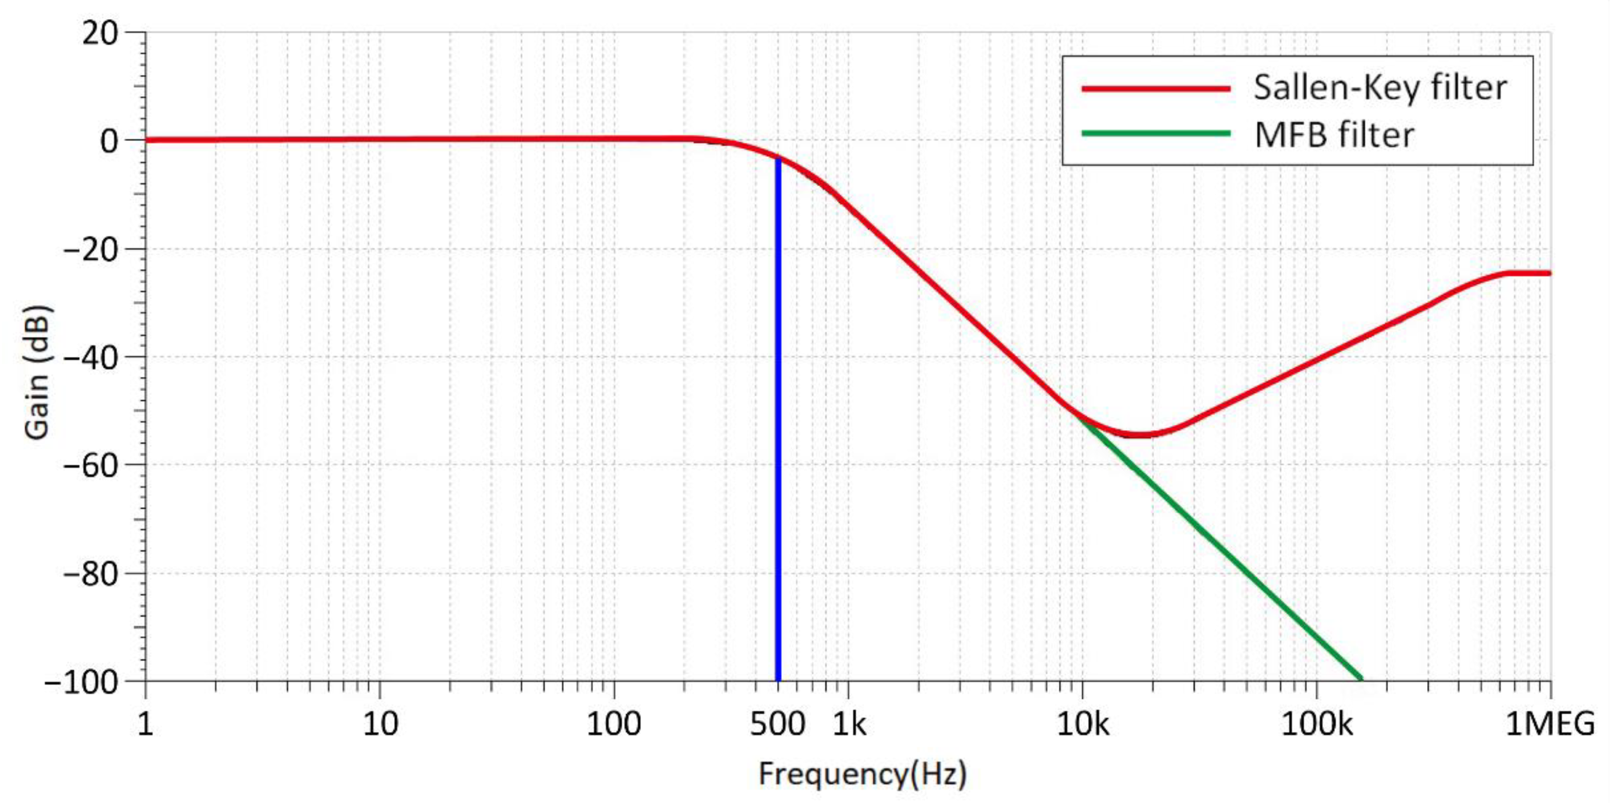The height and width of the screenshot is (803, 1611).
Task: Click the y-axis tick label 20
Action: [x=99, y=33]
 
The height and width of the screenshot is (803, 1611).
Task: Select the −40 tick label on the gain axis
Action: [x=90, y=358]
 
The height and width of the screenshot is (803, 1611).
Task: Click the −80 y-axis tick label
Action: [x=90, y=574]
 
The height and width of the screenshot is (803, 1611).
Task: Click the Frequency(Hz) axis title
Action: [x=862, y=774]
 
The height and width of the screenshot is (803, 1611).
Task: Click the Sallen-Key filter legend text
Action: [x=1380, y=88]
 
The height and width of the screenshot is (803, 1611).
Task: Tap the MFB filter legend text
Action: [x=1334, y=135]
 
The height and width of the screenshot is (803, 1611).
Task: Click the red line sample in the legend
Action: [x=1156, y=88]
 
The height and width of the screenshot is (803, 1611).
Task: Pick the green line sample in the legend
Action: [x=1156, y=133]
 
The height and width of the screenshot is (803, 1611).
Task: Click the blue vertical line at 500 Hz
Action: [x=778, y=438]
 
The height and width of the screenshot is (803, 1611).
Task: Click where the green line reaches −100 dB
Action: [x=1361, y=679]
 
